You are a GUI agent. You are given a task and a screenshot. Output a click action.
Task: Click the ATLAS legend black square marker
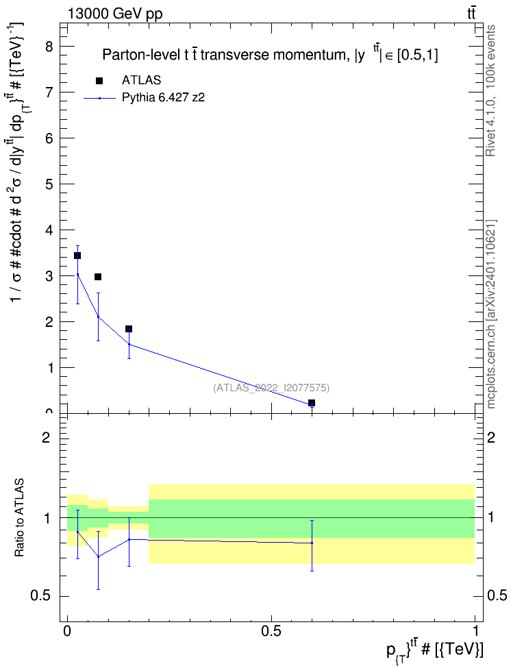[x=99, y=81]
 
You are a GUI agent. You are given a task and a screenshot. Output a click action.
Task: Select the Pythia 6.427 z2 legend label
[x=163, y=98]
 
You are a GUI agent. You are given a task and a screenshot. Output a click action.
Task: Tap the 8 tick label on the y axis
[x=49, y=47]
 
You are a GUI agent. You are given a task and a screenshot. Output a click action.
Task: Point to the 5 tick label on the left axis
[x=49, y=184]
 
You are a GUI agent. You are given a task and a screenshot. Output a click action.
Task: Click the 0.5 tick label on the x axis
[x=271, y=631]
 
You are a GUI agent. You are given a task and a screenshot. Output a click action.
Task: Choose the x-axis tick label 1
[x=475, y=631]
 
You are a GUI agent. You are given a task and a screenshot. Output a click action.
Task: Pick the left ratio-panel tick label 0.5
[x=40, y=596]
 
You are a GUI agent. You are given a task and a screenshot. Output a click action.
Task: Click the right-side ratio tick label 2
[x=491, y=437]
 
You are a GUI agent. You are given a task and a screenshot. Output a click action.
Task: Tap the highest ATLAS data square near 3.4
[x=77, y=256]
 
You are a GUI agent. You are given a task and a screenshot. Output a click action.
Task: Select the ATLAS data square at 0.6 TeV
[x=312, y=403]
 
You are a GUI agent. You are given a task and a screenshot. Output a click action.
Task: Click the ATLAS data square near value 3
[x=98, y=277]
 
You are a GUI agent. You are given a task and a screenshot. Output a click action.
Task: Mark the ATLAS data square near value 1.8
[x=129, y=329]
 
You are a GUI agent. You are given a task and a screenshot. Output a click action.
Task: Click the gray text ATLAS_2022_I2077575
[x=271, y=388]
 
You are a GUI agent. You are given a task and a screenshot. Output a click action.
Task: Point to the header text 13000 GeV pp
[x=115, y=14]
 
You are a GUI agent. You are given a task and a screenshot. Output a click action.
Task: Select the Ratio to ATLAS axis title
[x=19, y=518]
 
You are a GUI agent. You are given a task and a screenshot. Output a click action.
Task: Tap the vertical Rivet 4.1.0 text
[x=490, y=90]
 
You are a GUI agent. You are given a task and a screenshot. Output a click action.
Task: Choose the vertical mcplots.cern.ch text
[x=490, y=314]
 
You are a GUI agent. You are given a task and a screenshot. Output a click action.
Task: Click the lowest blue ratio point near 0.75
[x=98, y=556]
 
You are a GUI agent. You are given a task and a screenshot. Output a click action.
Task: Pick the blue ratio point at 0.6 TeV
[x=312, y=543]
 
